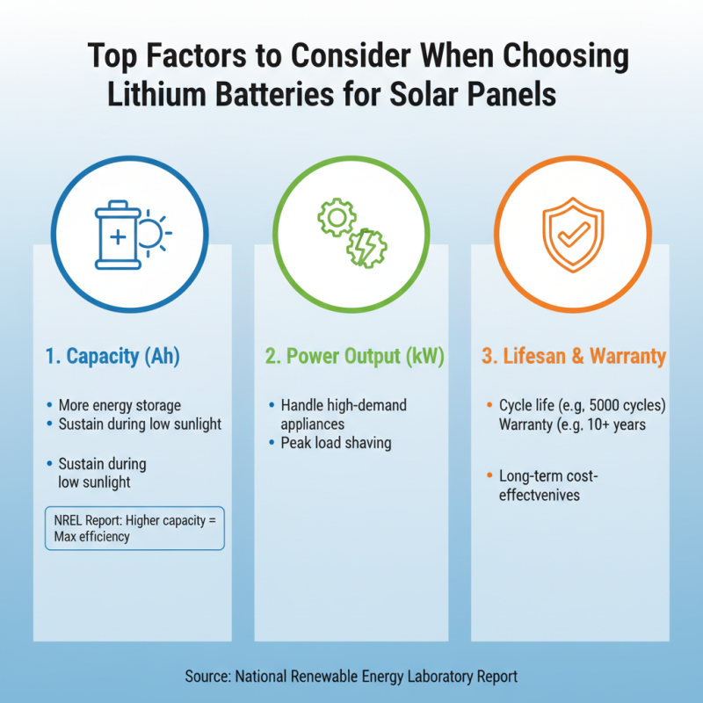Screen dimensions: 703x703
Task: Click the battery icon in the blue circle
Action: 116,235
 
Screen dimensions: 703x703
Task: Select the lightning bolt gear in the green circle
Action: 363,247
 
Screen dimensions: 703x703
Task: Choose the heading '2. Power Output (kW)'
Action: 354,357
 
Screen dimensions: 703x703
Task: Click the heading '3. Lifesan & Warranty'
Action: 574,357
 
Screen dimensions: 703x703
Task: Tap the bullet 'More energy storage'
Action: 120,406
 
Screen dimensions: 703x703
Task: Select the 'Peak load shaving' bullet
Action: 336,443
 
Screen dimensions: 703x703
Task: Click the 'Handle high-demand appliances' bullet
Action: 343,414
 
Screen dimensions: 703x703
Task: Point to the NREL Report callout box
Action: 134,527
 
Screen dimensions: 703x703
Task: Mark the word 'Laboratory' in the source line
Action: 443,676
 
